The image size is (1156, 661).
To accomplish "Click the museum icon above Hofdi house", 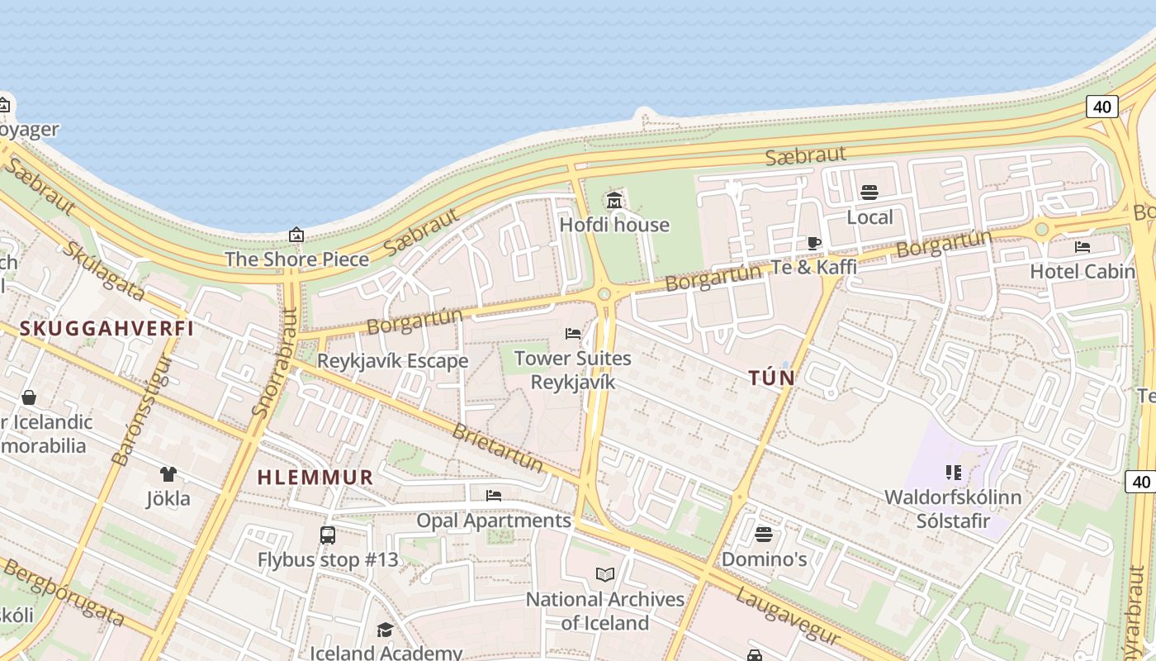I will tap(614, 200).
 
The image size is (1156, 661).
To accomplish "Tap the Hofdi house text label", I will tap(614, 225).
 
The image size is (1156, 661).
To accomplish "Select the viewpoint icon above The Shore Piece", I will tap(296, 235).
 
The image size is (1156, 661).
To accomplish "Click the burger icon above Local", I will tap(869, 193).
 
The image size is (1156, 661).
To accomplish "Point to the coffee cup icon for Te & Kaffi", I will tap(813, 243).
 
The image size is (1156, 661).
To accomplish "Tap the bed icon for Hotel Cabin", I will tap(1083, 246).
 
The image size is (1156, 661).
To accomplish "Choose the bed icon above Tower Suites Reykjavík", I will tap(572, 334).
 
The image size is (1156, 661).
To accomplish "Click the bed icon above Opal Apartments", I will tap(494, 496).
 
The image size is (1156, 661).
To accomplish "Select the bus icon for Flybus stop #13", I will tap(328, 535).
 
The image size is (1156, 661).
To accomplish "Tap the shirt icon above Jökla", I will tap(168, 474).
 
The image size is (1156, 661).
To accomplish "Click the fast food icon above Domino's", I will tap(764, 534).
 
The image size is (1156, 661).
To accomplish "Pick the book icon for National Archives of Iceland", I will tap(605, 574).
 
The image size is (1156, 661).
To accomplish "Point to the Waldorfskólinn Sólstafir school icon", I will tap(953, 473).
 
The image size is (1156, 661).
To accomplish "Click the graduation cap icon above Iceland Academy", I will tap(385, 630).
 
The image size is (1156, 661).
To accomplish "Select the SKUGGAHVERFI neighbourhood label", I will tap(107, 329).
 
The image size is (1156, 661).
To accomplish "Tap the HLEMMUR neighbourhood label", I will tap(315, 478).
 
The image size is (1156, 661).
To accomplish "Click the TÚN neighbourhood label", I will tap(771, 378).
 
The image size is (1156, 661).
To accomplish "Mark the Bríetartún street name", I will tap(498, 447).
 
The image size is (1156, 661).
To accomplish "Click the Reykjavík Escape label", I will tap(392, 361).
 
